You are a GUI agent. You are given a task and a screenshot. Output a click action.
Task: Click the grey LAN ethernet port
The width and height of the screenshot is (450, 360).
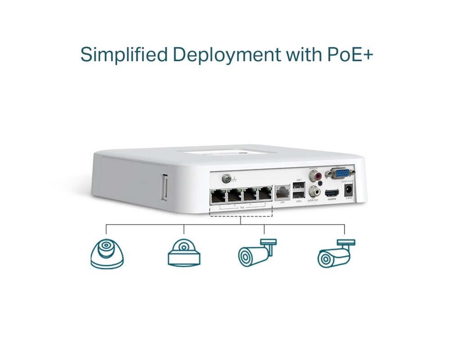(283, 192)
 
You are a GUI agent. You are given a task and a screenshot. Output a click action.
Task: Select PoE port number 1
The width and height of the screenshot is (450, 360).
(218, 196)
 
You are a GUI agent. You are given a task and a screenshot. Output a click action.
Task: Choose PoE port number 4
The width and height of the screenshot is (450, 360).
(265, 194)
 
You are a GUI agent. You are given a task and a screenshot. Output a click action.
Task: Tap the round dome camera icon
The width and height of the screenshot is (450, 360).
(107, 254)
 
